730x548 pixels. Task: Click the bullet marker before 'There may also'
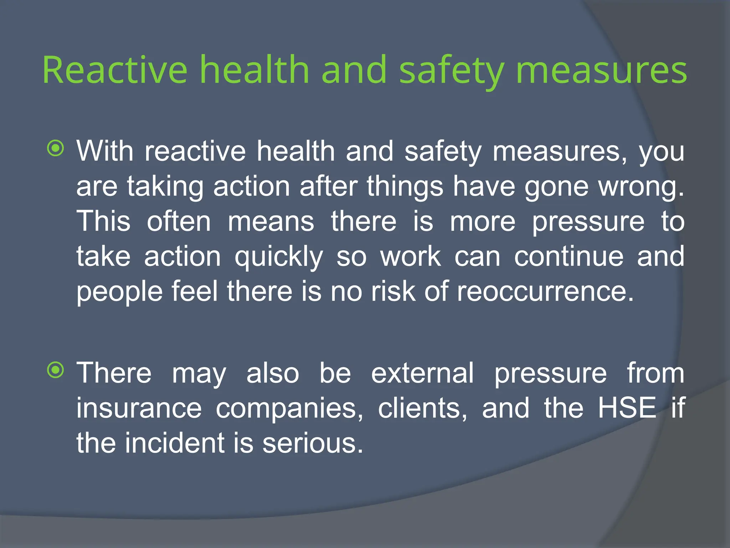point(56,370)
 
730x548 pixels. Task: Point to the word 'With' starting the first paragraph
point(105,151)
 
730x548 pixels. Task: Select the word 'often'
point(179,221)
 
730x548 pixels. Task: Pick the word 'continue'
point(569,257)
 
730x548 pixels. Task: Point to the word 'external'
point(422,373)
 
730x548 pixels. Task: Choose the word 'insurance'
point(139,408)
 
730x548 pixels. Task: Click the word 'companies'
point(289,409)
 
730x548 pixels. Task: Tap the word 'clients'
point(422,408)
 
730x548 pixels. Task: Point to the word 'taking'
point(165,187)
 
